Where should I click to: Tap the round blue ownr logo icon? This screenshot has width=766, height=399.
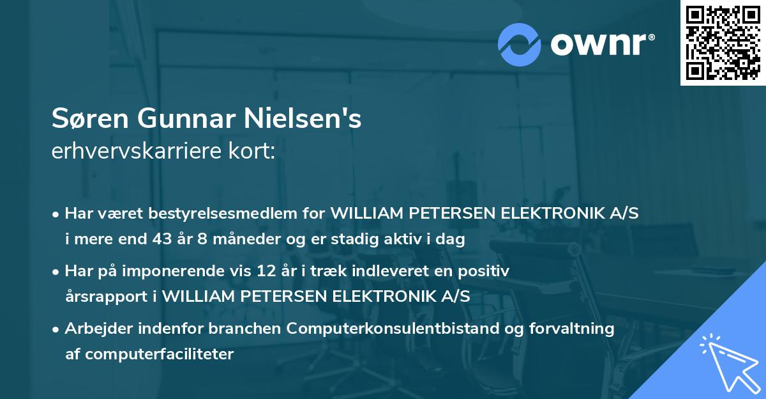[x=519, y=44]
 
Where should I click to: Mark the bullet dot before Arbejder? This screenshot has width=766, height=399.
[x=57, y=329]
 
